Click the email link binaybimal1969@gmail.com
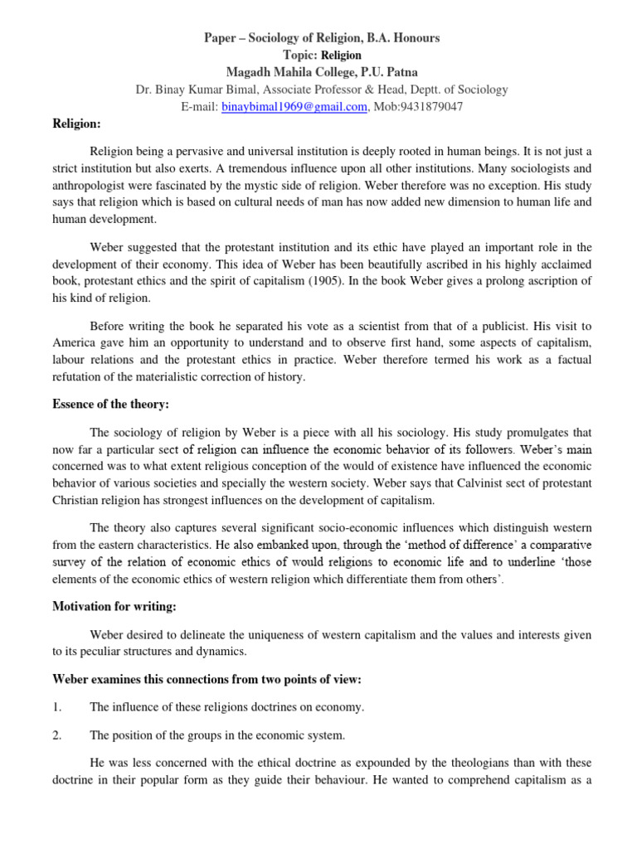[294, 106]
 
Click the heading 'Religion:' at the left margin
[75, 124]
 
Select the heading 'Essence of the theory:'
[109, 405]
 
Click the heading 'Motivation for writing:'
[114, 607]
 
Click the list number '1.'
[57, 707]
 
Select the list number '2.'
[57, 735]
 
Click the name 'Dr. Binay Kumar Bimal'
[197, 90]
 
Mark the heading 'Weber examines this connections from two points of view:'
[207, 680]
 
